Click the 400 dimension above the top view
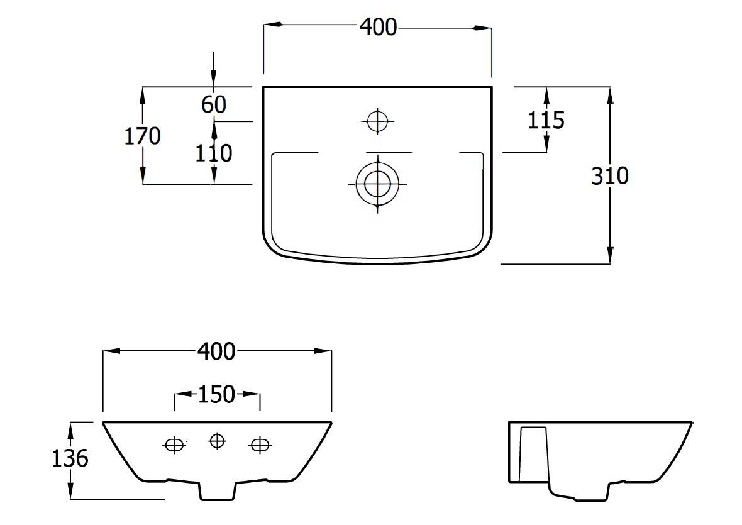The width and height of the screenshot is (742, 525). [x=378, y=27]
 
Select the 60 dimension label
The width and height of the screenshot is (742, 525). [x=214, y=104]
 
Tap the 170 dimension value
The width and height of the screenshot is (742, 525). [x=142, y=136]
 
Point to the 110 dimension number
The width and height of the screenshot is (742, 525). [x=214, y=153]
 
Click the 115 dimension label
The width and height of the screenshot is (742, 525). [x=546, y=119]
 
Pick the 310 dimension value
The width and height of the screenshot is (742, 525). [x=609, y=176]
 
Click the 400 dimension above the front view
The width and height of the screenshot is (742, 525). [x=216, y=351]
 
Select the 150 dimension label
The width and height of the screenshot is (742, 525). [x=216, y=394]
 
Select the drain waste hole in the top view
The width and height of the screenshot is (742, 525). [x=377, y=184]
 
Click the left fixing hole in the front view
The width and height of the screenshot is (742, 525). [x=174, y=445]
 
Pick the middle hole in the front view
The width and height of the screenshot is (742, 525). [x=217, y=441]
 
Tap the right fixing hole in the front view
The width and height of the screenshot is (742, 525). [x=258, y=445]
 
